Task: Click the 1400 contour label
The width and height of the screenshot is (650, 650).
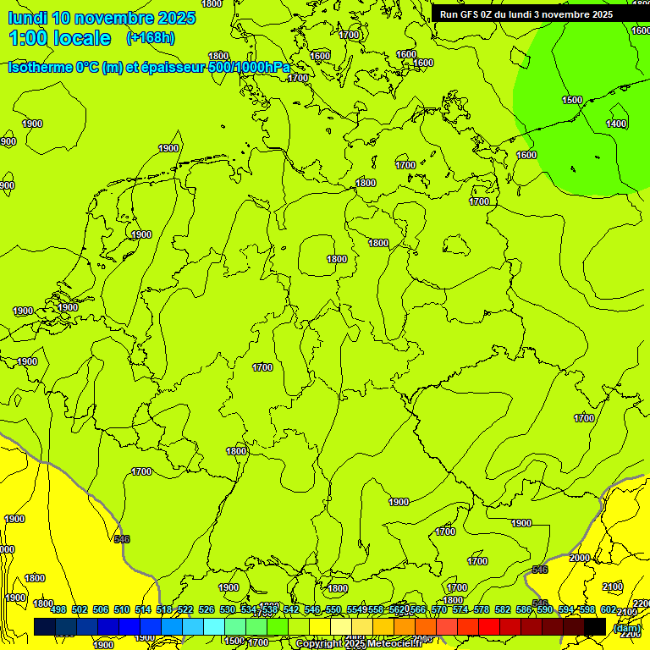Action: (x=616, y=124)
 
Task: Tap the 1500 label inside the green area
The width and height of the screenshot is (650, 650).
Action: (x=572, y=100)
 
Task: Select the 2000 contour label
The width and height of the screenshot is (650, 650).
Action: (x=580, y=558)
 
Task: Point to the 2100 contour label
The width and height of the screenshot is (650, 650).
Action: (x=613, y=587)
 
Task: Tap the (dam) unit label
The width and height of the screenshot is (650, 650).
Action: (x=626, y=628)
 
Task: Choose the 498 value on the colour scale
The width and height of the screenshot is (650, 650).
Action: (x=58, y=609)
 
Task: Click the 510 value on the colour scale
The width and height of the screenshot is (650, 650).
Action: (x=122, y=609)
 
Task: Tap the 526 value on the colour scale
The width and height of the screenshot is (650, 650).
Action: (x=207, y=609)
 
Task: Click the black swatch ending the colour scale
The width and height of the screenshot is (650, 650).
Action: (x=595, y=626)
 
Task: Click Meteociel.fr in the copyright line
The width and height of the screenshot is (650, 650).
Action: (x=395, y=643)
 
